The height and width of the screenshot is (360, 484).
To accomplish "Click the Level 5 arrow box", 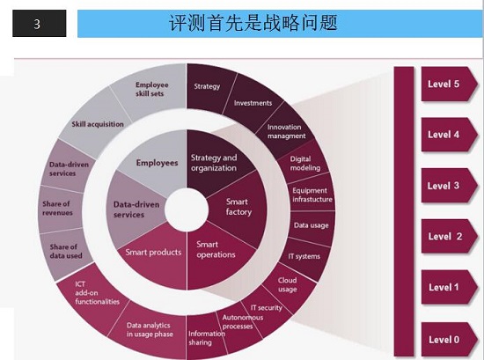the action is (x=449, y=84).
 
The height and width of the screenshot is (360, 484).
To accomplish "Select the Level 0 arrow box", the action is (x=449, y=339).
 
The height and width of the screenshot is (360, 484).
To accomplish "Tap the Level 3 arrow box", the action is (x=449, y=186).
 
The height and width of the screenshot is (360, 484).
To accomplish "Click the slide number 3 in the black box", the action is (x=37, y=24).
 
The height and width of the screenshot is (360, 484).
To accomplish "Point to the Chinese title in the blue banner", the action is (x=253, y=23).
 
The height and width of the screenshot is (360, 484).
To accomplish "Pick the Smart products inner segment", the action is (x=154, y=256).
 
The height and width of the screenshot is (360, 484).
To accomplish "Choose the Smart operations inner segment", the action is (x=216, y=254).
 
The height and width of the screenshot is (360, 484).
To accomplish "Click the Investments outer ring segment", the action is (x=253, y=103).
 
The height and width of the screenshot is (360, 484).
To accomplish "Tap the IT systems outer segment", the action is (x=304, y=256).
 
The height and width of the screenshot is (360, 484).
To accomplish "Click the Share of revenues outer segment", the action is (x=59, y=209).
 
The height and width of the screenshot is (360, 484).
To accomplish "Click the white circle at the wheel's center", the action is (x=187, y=210).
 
